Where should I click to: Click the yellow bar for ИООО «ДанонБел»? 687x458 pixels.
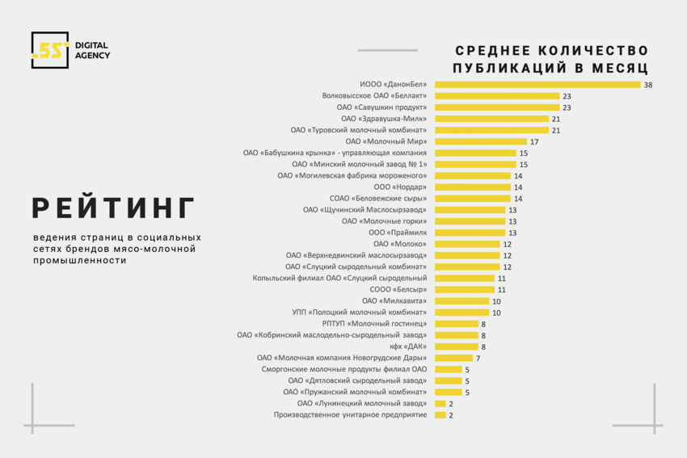[537, 85]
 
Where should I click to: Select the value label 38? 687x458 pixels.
[648, 85]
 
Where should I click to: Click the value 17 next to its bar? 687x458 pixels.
[534, 141]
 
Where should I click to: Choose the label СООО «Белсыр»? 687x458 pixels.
[398, 289]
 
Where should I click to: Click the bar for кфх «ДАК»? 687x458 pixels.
[456, 347]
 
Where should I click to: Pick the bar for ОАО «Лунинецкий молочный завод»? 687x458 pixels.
[440, 403]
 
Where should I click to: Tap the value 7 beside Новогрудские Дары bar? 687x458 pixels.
[478, 358]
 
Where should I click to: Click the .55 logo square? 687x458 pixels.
[50, 50]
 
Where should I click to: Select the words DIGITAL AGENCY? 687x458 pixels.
[92, 50]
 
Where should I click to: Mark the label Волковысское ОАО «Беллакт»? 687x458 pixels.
[374, 96]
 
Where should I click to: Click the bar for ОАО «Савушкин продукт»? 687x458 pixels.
[497, 107]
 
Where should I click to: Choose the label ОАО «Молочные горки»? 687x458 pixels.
[384, 221]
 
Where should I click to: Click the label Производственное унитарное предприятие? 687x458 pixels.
[350, 414]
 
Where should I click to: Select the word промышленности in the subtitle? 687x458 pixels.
[80, 261]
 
